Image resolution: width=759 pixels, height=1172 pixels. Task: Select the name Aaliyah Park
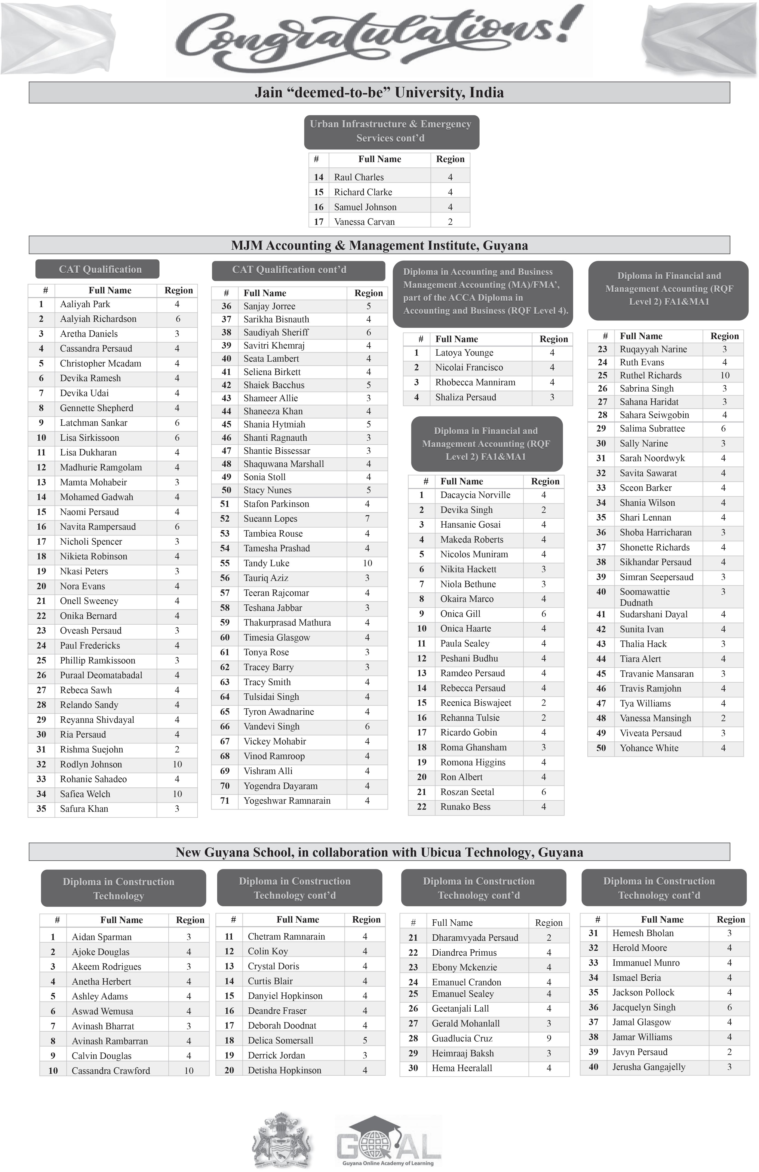click(85, 304)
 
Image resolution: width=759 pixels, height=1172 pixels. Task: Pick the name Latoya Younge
click(464, 353)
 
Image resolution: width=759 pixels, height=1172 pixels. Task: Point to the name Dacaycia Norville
click(475, 495)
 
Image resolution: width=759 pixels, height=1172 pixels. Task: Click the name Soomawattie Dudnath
click(644, 597)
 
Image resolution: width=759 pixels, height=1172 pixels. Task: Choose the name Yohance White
click(649, 748)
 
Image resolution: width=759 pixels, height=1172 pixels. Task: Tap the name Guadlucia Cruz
click(462, 1038)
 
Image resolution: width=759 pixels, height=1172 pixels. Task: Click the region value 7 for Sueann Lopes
click(367, 519)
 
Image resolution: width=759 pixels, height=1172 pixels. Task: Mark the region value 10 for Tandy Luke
click(367, 563)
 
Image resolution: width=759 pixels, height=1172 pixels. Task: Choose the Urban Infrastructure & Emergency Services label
click(391, 131)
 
